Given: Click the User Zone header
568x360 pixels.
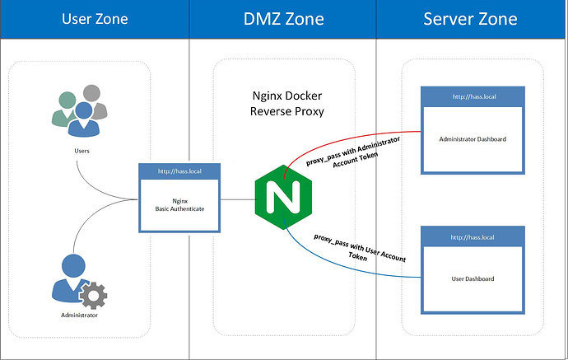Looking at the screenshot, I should click(94, 19).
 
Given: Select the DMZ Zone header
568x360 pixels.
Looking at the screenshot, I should click(282, 19).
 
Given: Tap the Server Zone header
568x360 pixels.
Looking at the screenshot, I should click(472, 19).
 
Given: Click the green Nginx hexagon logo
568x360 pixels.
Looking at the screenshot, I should click(282, 199).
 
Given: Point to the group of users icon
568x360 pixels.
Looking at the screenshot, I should click(79, 111).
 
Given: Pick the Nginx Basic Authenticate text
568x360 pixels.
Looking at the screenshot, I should click(179, 203).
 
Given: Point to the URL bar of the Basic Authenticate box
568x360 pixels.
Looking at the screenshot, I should click(179, 172).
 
